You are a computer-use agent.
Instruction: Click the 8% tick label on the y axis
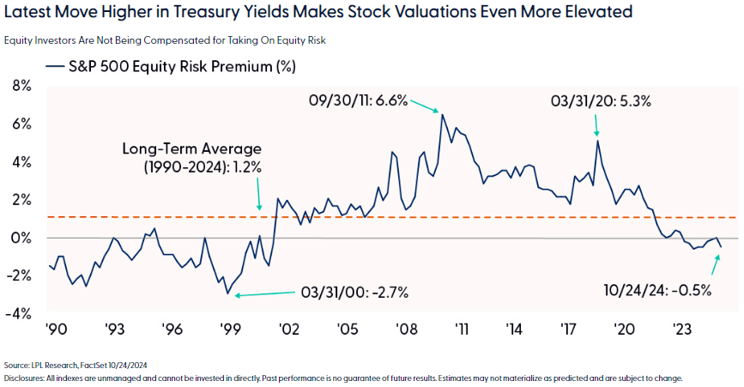click(x=19, y=86)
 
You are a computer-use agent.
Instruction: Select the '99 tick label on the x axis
click(x=228, y=328)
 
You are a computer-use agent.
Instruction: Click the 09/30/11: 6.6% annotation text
click(x=358, y=101)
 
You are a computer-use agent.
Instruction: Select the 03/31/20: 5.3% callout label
click(x=601, y=100)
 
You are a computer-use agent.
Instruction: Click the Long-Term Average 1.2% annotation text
click(x=193, y=158)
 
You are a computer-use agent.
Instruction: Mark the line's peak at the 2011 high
click(x=443, y=114)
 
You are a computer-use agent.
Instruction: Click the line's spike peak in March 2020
click(x=597, y=140)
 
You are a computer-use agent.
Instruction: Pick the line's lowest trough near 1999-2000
click(x=228, y=293)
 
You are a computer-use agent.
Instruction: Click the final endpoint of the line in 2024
click(x=721, y=247)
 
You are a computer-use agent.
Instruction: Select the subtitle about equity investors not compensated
click(x=170, y=40)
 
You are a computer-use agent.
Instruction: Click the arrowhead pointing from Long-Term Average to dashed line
click(x=260, y=209)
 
